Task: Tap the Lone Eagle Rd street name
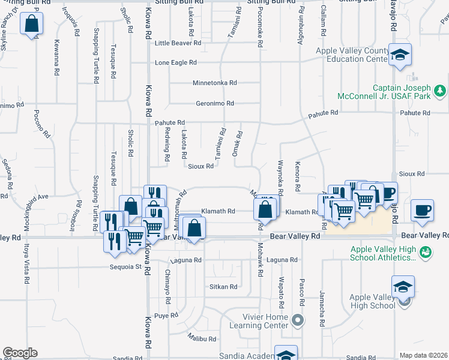[x=176, y=62]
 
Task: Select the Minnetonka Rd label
[x=214, y=83]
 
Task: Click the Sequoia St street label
[x=125, y=266]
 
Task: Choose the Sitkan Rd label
[x=223, y=287]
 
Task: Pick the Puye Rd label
[x=166, y=315]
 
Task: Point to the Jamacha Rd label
[x=322, y=314]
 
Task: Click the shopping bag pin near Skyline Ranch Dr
[x=32, y=25]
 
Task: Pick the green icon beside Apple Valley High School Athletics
[x=426, y=252]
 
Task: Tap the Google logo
[x=20, y=353]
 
